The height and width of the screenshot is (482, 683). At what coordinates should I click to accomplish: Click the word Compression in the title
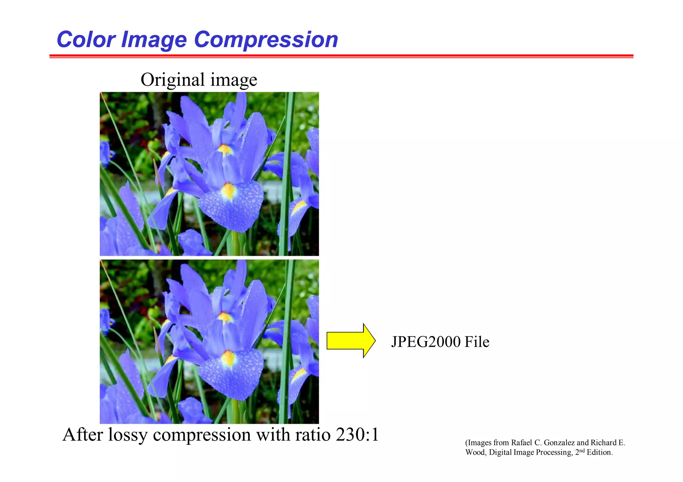(266, 40)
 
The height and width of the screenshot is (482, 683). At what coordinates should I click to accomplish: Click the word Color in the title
(86, 40)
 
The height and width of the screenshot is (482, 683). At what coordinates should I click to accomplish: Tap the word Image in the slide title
(154, 40)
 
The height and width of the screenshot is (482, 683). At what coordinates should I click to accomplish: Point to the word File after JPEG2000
(477, 342)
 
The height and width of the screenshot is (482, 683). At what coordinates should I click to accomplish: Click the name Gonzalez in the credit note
(559, 443)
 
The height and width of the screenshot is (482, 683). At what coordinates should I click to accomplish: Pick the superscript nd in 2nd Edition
(582, 450)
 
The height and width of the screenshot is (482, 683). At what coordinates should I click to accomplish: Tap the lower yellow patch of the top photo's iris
(229, 191)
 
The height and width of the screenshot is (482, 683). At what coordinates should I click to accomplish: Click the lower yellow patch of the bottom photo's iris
(229, 359)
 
